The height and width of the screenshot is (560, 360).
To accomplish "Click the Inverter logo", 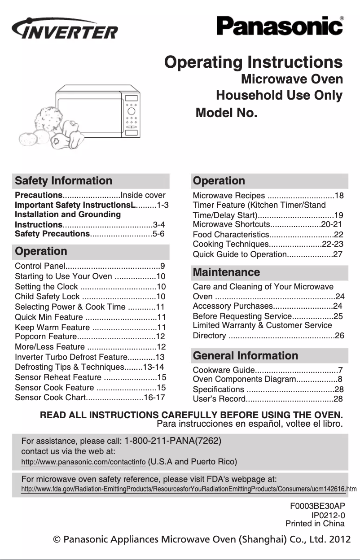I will tap(65, 30).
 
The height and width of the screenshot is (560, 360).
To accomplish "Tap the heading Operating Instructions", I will tap(254, 62).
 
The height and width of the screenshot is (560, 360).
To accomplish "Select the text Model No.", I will tap(227, 113).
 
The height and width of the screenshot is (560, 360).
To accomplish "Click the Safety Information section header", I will tap(64, 181).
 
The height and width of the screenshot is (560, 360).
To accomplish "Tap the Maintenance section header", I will tap(226, 272).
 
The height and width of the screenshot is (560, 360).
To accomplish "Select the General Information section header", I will tap(245, 356).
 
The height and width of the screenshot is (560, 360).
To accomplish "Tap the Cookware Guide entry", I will tap(224, 370).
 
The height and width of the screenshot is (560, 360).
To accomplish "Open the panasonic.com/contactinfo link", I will tap(83, 462).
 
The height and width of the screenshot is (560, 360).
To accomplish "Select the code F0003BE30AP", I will tap(317, 506).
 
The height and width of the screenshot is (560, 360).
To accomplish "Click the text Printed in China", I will tap(315, 524).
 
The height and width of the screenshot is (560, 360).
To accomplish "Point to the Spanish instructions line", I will tap(250, 423).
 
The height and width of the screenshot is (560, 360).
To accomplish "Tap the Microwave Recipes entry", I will tap(229, 196).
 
